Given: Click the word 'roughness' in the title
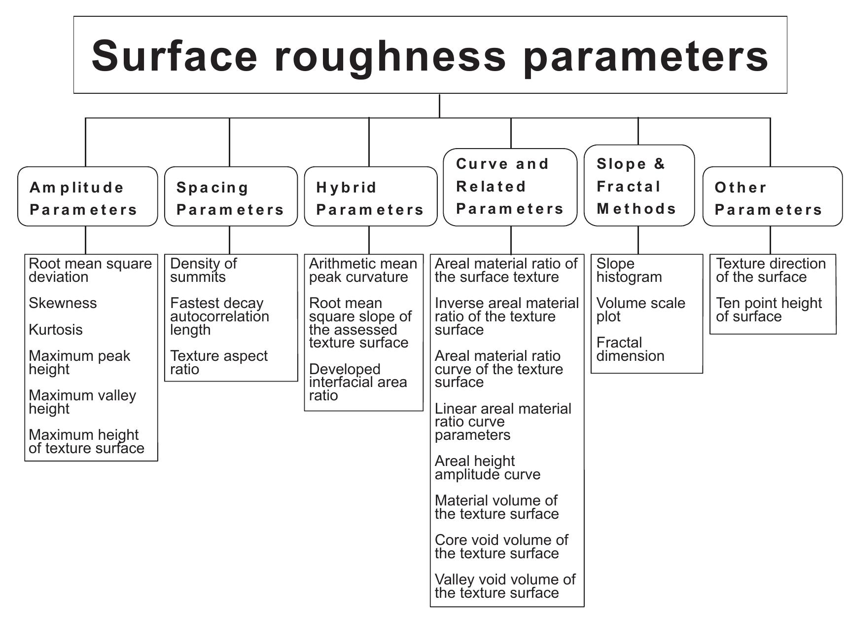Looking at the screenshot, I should tap(390, 55).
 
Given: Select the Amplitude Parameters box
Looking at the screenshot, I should tap(87, 196).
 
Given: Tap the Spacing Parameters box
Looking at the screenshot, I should tap(231, 196).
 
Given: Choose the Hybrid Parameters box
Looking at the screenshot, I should tap(370, 196).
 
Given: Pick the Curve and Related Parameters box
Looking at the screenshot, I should tap(510, 187).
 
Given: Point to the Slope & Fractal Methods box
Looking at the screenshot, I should tap(638, 186).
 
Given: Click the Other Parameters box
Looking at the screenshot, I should tap(772, 196).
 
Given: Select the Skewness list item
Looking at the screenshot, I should tap(63, 303).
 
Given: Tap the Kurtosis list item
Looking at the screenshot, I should tap(56, 330).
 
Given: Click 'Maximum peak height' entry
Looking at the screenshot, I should tap(79, 362).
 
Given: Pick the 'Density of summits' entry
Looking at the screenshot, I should tap(203, 270).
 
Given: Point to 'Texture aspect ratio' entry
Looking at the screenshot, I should tap(218, 362).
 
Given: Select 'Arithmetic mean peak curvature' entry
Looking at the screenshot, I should tap(363, 270).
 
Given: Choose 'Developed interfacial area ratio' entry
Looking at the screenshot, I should tap(358, 382).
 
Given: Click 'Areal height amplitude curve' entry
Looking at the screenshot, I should tap(487, 467).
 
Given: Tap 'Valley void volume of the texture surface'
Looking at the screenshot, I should tap(505, 586).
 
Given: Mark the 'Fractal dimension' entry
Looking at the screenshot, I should tap(630, 349).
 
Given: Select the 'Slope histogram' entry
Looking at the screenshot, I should tap(629, 270).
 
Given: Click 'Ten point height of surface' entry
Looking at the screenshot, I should tap(769, 309).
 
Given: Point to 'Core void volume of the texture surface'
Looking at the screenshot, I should tap(501, 546).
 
